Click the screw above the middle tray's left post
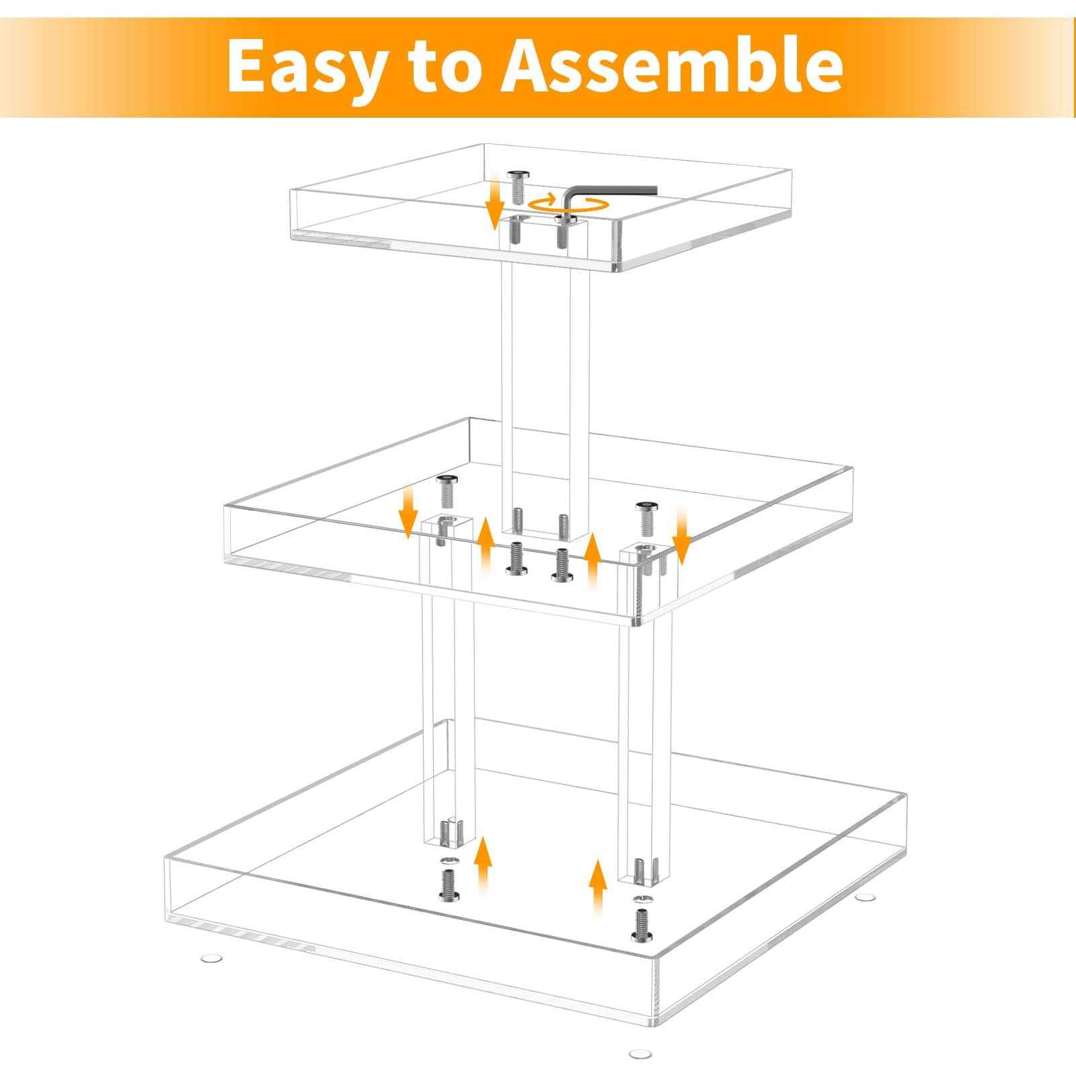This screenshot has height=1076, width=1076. click(x=445, y=492)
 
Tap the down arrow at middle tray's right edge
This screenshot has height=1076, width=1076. click(x=681, y=545)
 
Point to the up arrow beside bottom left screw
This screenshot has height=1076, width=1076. click(x=482, y=868)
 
